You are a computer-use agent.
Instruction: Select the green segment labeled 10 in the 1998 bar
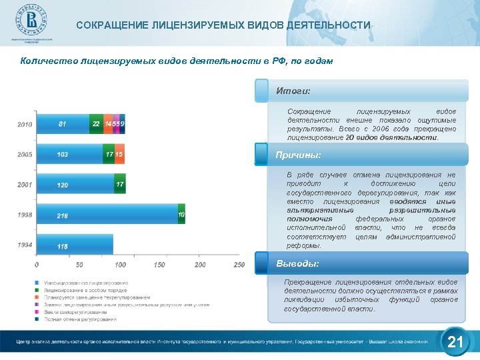coord(181,215)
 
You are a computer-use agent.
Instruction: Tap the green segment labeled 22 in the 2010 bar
coord(96,124)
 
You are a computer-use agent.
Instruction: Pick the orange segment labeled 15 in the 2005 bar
coord(119,155)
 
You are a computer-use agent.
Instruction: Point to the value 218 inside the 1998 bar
coord(63,216)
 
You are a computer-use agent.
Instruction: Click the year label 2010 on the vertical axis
coord(25,125)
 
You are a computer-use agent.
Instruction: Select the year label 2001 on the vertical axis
coord(25,185)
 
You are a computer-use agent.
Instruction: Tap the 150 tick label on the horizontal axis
coord(159,265)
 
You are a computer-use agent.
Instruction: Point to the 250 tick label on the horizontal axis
coord(239,265)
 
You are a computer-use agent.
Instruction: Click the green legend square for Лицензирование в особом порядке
coord(38,291)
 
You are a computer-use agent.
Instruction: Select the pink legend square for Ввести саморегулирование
coord(38,311)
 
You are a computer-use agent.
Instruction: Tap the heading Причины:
coord(298,155)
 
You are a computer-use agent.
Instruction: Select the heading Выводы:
coord(297,263)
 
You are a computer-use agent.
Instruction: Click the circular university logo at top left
coord(29,23)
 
